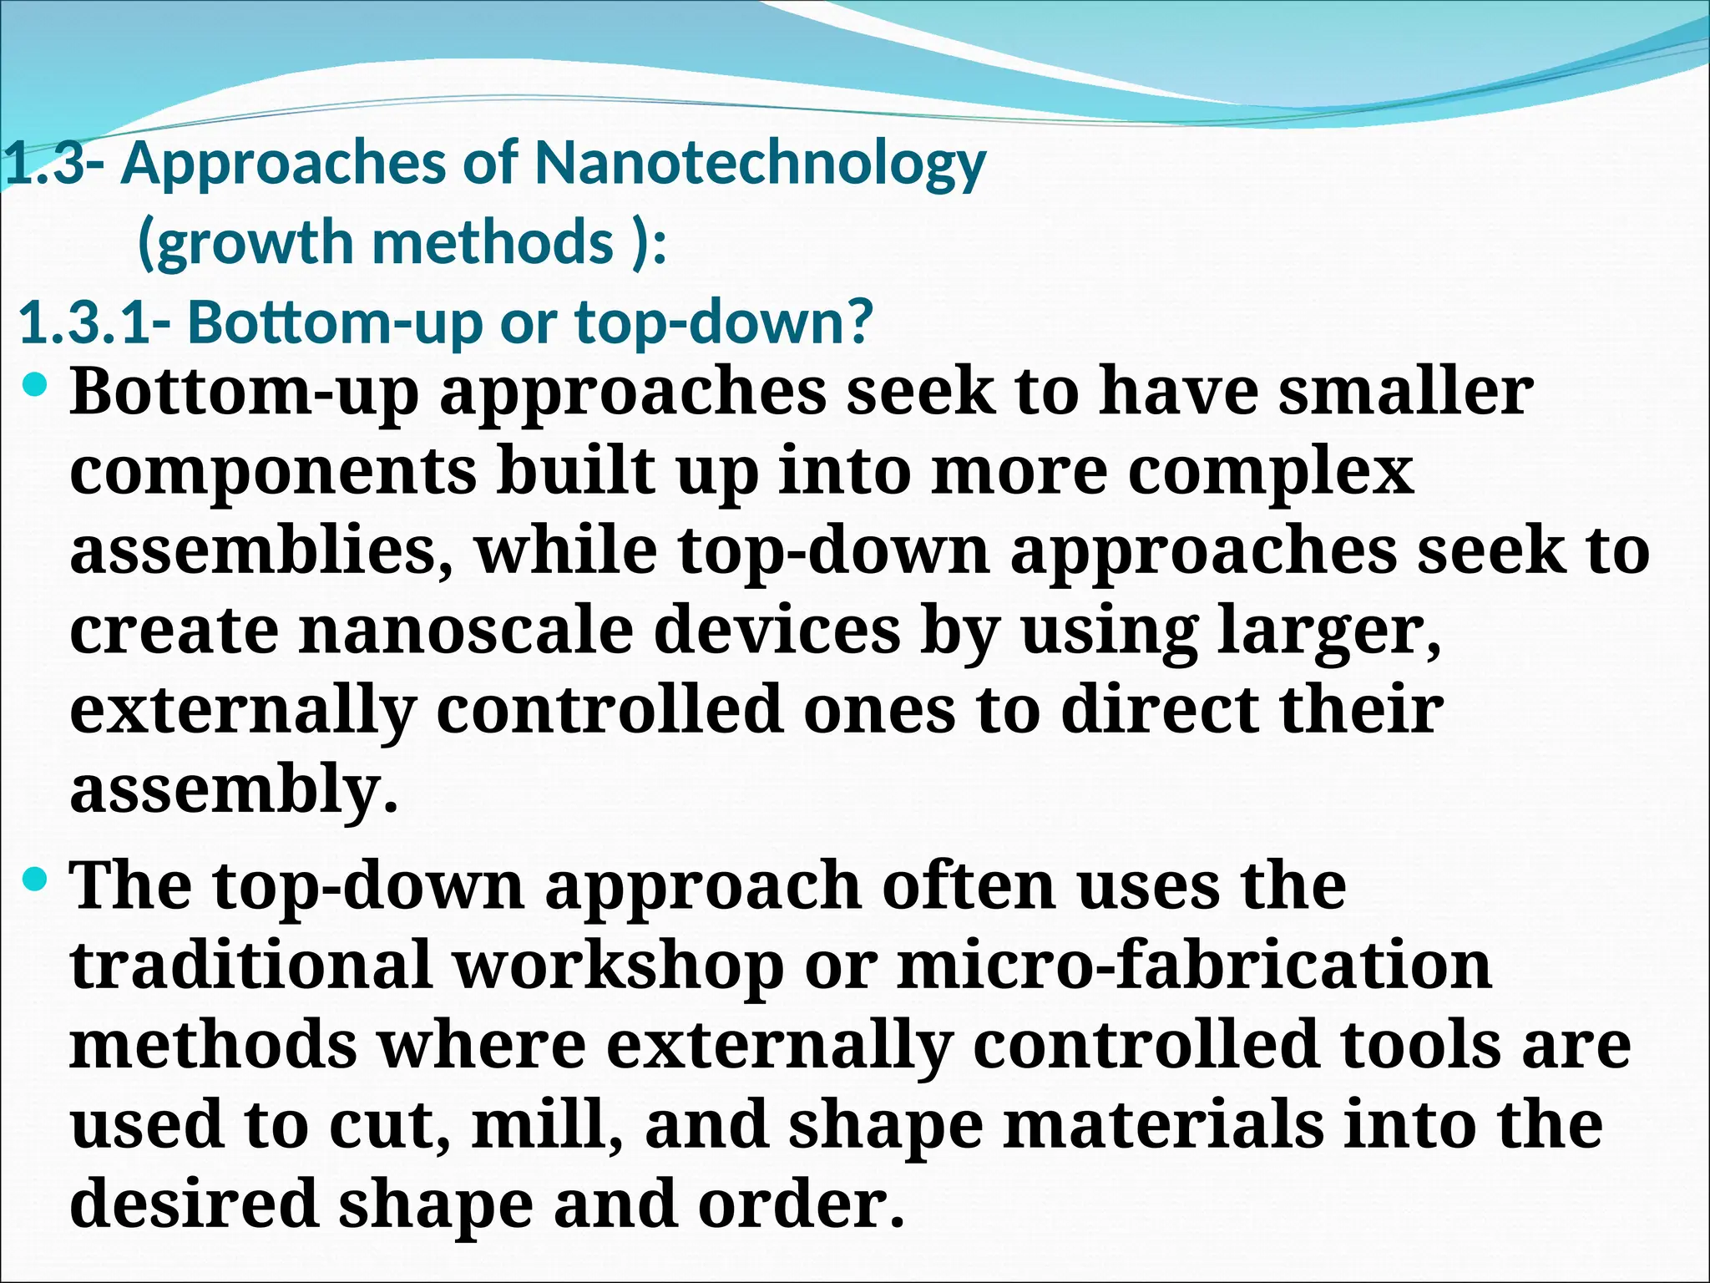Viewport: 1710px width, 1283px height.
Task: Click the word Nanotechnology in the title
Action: (x=760, y=164)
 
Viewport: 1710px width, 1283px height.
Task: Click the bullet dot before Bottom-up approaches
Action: (x=36, y=386)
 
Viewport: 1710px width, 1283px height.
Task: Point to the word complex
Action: (x=1271, y=471)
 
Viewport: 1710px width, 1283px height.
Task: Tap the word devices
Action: (x=777, y=630)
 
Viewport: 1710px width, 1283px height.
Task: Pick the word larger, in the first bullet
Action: (x=1329, y=630)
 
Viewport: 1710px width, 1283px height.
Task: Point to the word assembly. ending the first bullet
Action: (x=234, y=789)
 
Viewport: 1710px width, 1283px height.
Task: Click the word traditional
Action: (x=251, y=966)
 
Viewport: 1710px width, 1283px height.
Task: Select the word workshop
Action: (x=618, y=966)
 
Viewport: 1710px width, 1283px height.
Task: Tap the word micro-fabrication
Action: (x=1194, y=966)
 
